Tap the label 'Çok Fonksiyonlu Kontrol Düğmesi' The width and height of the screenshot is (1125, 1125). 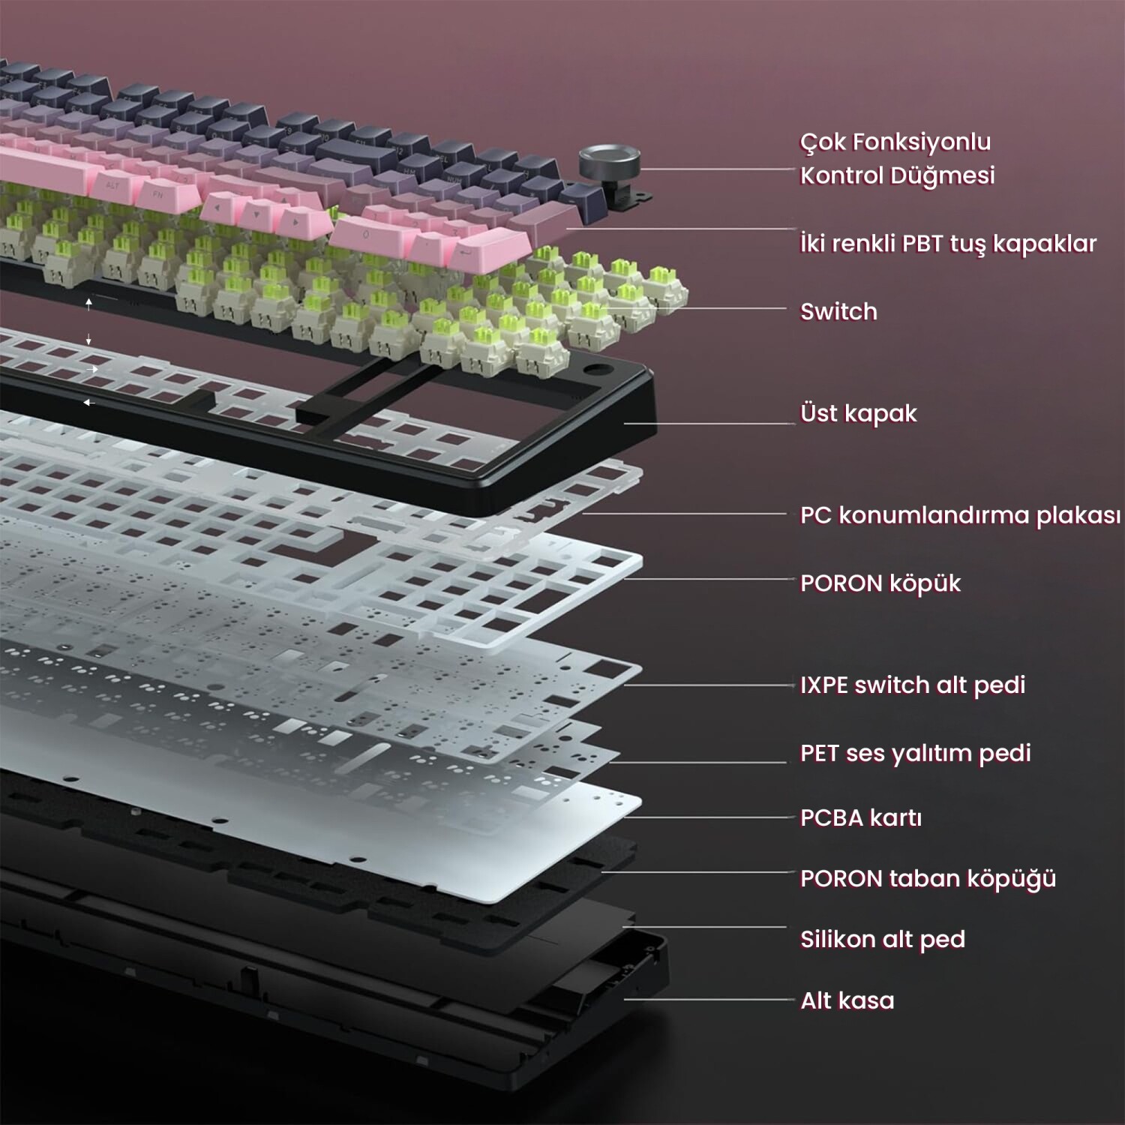(897, 158)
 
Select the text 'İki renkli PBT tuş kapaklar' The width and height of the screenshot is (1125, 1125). (948, 243)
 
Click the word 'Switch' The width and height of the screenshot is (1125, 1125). (838, 311)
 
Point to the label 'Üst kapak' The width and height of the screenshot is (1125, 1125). (858, 412)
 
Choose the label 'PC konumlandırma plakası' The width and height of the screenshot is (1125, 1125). (960, 515)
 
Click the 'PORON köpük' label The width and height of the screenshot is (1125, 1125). (880, 583)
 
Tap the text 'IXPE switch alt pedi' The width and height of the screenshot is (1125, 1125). (912, 685)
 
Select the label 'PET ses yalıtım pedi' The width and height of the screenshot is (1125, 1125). (915, 753)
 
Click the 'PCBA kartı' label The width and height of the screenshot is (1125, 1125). (860, 817)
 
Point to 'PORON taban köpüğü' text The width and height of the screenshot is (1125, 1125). (928, 878)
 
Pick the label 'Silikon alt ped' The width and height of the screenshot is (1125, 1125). (882, 939)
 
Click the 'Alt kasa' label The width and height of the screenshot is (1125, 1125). (847, 1000)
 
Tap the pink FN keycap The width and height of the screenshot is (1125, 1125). (159, 195)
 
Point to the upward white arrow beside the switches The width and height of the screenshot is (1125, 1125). (88, 304)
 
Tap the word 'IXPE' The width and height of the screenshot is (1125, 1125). (824, 685)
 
